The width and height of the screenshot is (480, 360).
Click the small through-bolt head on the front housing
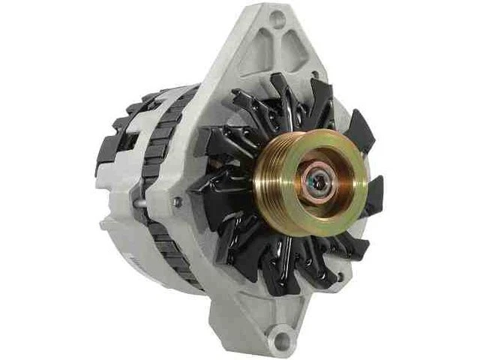[x=178, y=202]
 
